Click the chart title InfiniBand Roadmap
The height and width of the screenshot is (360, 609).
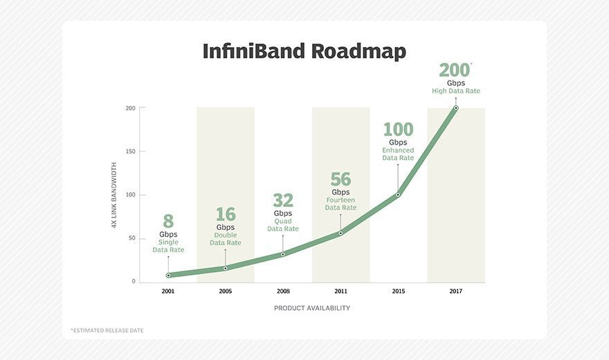pos(304,51)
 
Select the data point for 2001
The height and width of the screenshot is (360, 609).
pos(168,275)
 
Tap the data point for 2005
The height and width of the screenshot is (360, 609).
pos(226,268)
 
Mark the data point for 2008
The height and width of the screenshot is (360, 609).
pos(283,254)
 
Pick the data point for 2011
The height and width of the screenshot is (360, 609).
pos(340,233)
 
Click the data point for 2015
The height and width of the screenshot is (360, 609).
pos(398,195)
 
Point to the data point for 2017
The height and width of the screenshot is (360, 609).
pos(455,108)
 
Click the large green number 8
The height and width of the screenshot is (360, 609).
pos(168,222)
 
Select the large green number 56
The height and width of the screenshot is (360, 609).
pos(340,179)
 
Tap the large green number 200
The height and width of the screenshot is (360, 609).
pos(454,70)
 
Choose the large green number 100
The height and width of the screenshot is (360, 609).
pos(398,129)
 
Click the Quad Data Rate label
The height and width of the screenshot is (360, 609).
pos(283,225)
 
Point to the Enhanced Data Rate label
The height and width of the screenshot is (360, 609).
pos(398,154)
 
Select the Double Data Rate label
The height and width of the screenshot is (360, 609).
pos(226,239)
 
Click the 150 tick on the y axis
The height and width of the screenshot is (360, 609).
pos(130,152)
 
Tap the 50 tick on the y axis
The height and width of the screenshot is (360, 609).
pos(131,238)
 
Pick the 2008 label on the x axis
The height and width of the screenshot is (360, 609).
pos(283,291)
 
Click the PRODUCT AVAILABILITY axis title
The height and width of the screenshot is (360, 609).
pos(311,308)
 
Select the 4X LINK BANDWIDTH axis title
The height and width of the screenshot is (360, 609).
pos(114,195)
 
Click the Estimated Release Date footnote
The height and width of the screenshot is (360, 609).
pos(107,330)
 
